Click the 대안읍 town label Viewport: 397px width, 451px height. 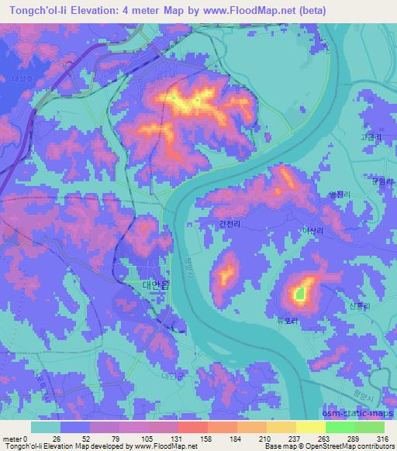coord(153,284)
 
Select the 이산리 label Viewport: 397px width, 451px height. coord(312,231)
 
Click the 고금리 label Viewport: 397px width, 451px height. coord(370,137)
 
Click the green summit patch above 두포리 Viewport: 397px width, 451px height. coord(299,294)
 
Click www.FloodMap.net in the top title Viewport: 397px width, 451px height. coord(247,11)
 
